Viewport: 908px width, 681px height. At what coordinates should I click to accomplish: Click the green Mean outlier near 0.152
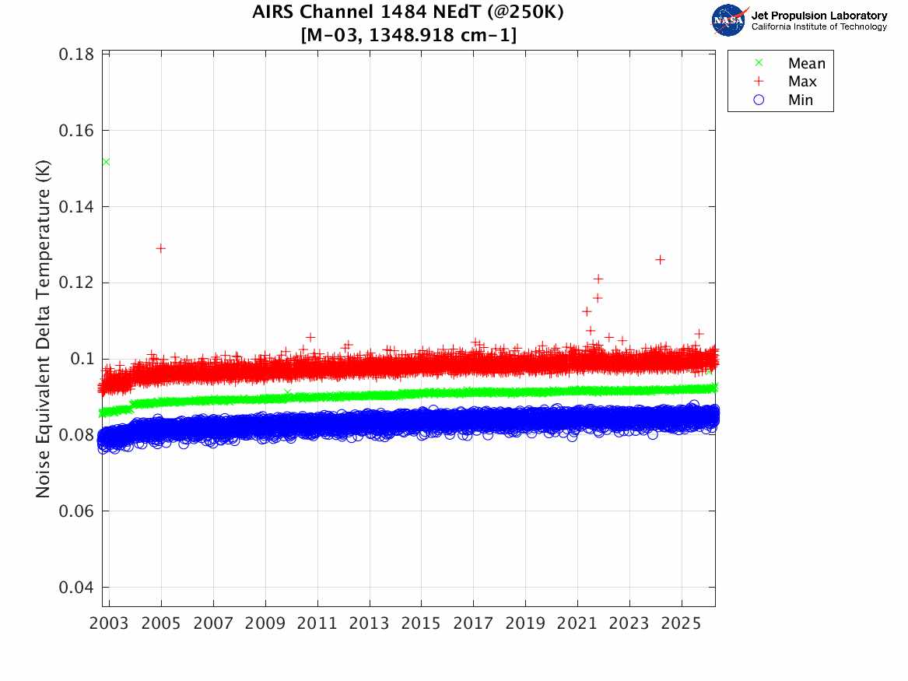[x=106, y=161]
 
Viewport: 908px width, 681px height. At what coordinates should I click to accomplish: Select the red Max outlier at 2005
[x=160, y=248]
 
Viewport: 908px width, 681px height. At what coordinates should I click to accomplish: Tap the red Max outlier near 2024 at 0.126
[x=660, y=259]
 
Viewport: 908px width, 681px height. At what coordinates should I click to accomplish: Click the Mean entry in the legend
[x=806, y=64]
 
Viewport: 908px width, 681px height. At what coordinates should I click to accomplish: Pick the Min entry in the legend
[x=800, y=100]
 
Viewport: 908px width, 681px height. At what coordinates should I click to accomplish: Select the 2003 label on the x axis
[x=110, y=624]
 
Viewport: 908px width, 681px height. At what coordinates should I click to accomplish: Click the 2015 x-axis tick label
[x=421, y=624]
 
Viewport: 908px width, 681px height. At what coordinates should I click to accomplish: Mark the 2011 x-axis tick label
[x=317, y=624]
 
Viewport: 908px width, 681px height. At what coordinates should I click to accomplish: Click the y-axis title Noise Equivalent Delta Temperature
[x=44, y=330]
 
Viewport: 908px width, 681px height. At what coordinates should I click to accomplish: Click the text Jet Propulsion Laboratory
[x=819, y=16]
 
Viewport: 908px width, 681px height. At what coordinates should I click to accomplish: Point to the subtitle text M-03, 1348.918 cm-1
[x=408, y=35]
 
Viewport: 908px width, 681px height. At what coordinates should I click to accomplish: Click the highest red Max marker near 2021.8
[x=598, y=279]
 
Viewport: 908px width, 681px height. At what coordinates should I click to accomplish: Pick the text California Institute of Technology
[x=819, y=27]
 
